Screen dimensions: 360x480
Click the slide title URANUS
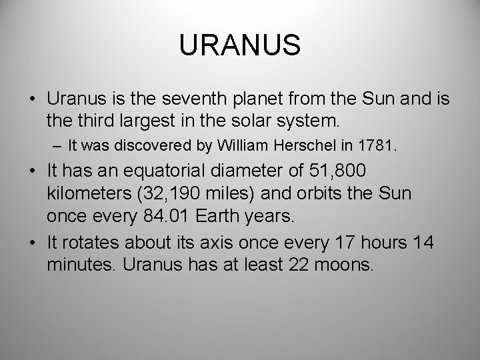[x=240, y=46]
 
